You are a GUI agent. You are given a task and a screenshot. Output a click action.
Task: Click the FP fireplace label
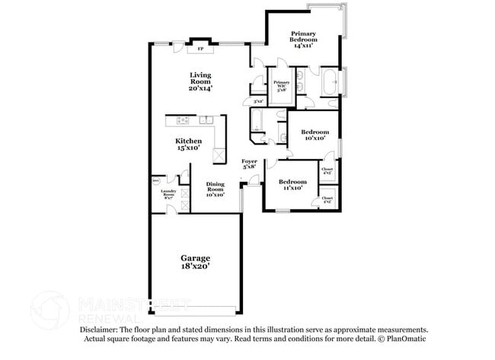tap(201, 49)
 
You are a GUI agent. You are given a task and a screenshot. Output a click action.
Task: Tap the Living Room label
tap(200, 81)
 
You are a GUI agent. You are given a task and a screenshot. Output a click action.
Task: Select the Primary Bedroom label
tap(303, 40)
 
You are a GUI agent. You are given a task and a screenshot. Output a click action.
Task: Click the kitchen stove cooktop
tap(184, 120)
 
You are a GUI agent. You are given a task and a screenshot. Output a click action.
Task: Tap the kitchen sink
tap(206, 120)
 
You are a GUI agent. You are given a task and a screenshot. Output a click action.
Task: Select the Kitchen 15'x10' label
tap(188, 145)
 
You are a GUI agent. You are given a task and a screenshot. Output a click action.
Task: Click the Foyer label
tap(249, 164)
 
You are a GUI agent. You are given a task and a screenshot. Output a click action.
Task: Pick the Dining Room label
tap(215, 189)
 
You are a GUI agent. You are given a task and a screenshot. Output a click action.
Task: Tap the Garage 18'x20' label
tap(195, 262)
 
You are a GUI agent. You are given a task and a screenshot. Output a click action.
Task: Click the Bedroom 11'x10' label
tap(292, 184)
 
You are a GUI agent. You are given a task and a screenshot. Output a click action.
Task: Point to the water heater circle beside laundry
tap(157, 181)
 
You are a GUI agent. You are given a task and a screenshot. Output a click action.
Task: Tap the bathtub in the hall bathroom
tap(257, 120)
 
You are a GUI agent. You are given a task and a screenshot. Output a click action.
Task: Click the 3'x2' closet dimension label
tap(257, 101)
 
